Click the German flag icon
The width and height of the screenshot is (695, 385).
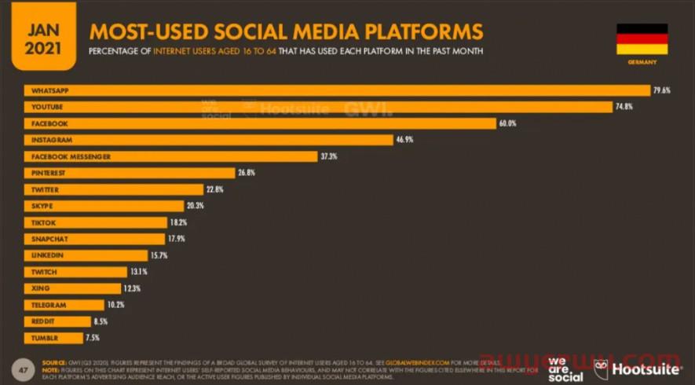tap(642, 38)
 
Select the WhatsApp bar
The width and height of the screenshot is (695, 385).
tap(338, 90)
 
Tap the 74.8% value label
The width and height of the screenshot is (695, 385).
tap(624, 107)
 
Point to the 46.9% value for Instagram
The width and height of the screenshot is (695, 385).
tap(404, 140)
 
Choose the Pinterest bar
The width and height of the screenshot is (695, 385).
tap(130, 173)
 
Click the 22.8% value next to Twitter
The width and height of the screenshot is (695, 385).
tap(216, 189)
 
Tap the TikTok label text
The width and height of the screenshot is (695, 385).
tap(43, 222)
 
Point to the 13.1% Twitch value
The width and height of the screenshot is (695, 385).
tap(138, 272)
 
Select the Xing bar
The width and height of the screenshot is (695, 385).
tap(74, 288)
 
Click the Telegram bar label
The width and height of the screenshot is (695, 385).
tap(49, 305)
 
